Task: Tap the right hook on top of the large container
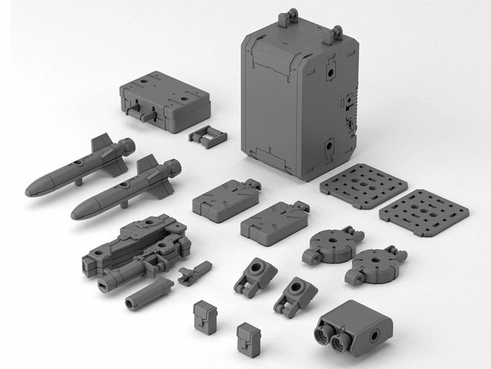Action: tap(336, 30)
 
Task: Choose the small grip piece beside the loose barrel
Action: tap(194, 272)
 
